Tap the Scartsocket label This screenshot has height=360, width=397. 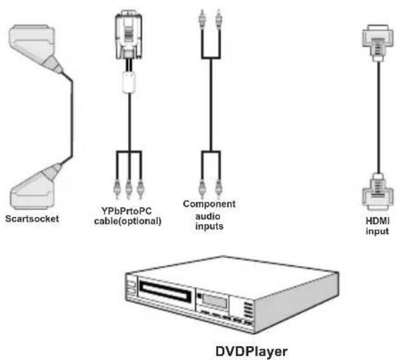coord(34,217)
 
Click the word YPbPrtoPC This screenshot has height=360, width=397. coord(127,212)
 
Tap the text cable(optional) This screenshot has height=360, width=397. coord(127,221)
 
